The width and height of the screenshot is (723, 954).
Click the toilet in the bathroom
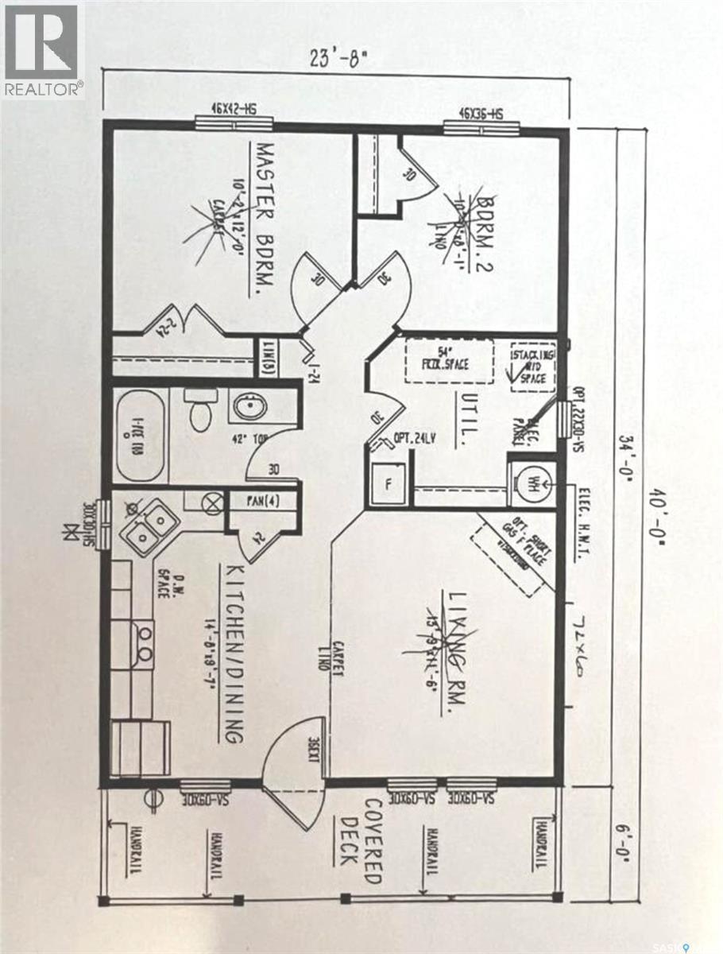tap(198, 411)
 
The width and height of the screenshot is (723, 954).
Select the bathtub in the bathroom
tap(141, 433)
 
